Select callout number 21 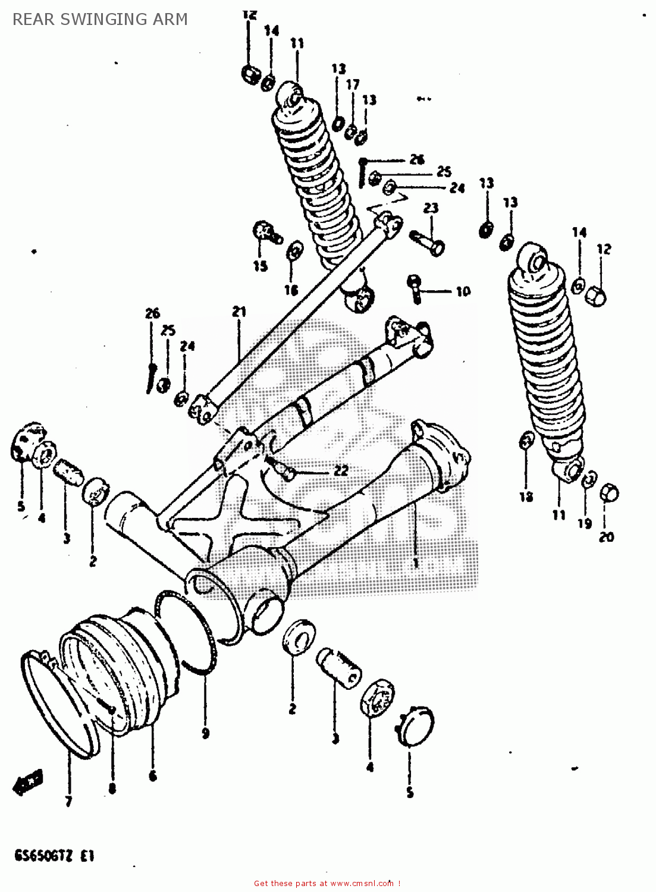pos(238,312)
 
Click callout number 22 pos(340,470)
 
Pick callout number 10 pos(463,291)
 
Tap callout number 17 pos(353,84)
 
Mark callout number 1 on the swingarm pos(415,562)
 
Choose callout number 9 pos(205,733)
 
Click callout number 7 pos(68,802)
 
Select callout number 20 pos(606,536)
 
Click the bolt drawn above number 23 pos(428,241)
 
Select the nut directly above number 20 pos(610,493)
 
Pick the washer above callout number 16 pos(293,251)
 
